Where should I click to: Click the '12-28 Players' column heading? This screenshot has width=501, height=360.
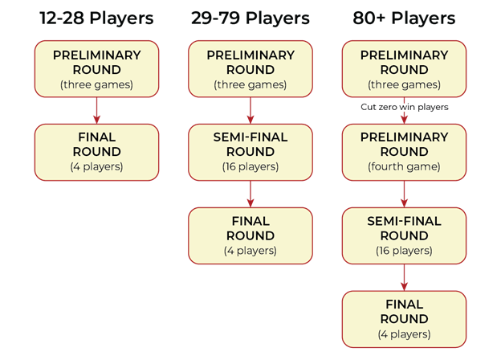pyautogui.click(x=96, y=18)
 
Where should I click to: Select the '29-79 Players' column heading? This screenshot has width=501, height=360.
pyautogui.click(x=250, y=18)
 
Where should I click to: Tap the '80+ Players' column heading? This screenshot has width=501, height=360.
pyautogui.click(x=404, y=18)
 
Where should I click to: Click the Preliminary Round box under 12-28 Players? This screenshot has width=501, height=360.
pyautogui.click(x=97, y=69)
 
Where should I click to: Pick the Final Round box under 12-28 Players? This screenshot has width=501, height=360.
pyautogui.click(x=97, y=152)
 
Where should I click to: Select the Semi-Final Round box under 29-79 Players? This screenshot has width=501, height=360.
pyautogui.click(x=250, y=152)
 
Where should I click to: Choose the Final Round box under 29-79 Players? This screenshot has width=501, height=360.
pyautogui.click(x=250, y=235)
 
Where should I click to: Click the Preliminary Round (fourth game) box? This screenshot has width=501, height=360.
pyautogui.click(x=404, y=152)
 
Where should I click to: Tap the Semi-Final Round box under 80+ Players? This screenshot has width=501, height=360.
pyautogui.click(x=404, y=235)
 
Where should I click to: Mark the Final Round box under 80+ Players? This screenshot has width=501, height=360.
pyautogui.click(x=404, y=319)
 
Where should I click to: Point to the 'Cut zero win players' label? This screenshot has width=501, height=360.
pyautogui.click(x=405, y=107)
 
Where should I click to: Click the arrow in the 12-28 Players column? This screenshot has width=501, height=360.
pyautogui.click(x=97, y=111)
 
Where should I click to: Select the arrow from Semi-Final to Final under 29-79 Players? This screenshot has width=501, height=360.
pyautogui.click(x=250, y=194)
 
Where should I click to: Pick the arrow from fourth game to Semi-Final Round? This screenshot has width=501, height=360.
pyautogui.click(x=404, y=194)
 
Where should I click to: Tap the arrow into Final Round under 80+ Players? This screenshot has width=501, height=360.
pyautogui.click(x=404, y=277)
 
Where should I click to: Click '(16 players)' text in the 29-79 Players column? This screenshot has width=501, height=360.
pyautogui.click(x=250, y=166)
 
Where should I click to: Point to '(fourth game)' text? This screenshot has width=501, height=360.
pyautogui.click(x=404, y=166)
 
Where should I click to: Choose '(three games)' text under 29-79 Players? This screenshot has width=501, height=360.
pyautogui.click(x=250, y=84)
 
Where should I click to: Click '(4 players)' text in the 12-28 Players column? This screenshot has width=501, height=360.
pyautogui.click(x=97, y=166)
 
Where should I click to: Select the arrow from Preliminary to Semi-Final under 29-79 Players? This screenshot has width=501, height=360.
pyautogui.click(x=250, y=111)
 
